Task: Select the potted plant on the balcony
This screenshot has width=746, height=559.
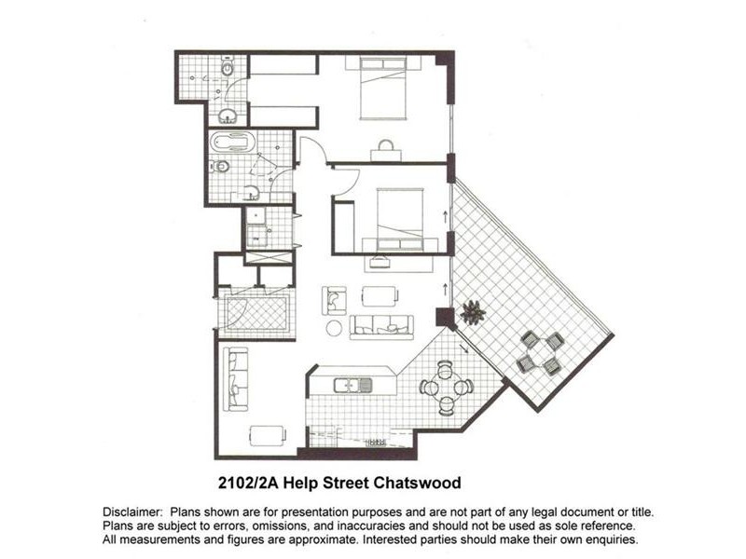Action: point(472,313)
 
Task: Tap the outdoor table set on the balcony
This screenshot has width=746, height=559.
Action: point(541,353)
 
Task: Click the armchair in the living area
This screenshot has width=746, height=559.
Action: point(334,299)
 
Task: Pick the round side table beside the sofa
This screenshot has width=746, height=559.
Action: point(334,327)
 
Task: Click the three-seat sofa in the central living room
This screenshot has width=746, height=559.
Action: point(381,326)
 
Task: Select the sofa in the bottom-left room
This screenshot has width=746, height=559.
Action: point(237,379)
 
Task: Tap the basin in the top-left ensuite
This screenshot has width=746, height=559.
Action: point(228,116)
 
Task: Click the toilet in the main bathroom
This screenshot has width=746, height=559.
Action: point(220,168)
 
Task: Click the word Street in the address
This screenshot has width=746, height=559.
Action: point(347,484)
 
